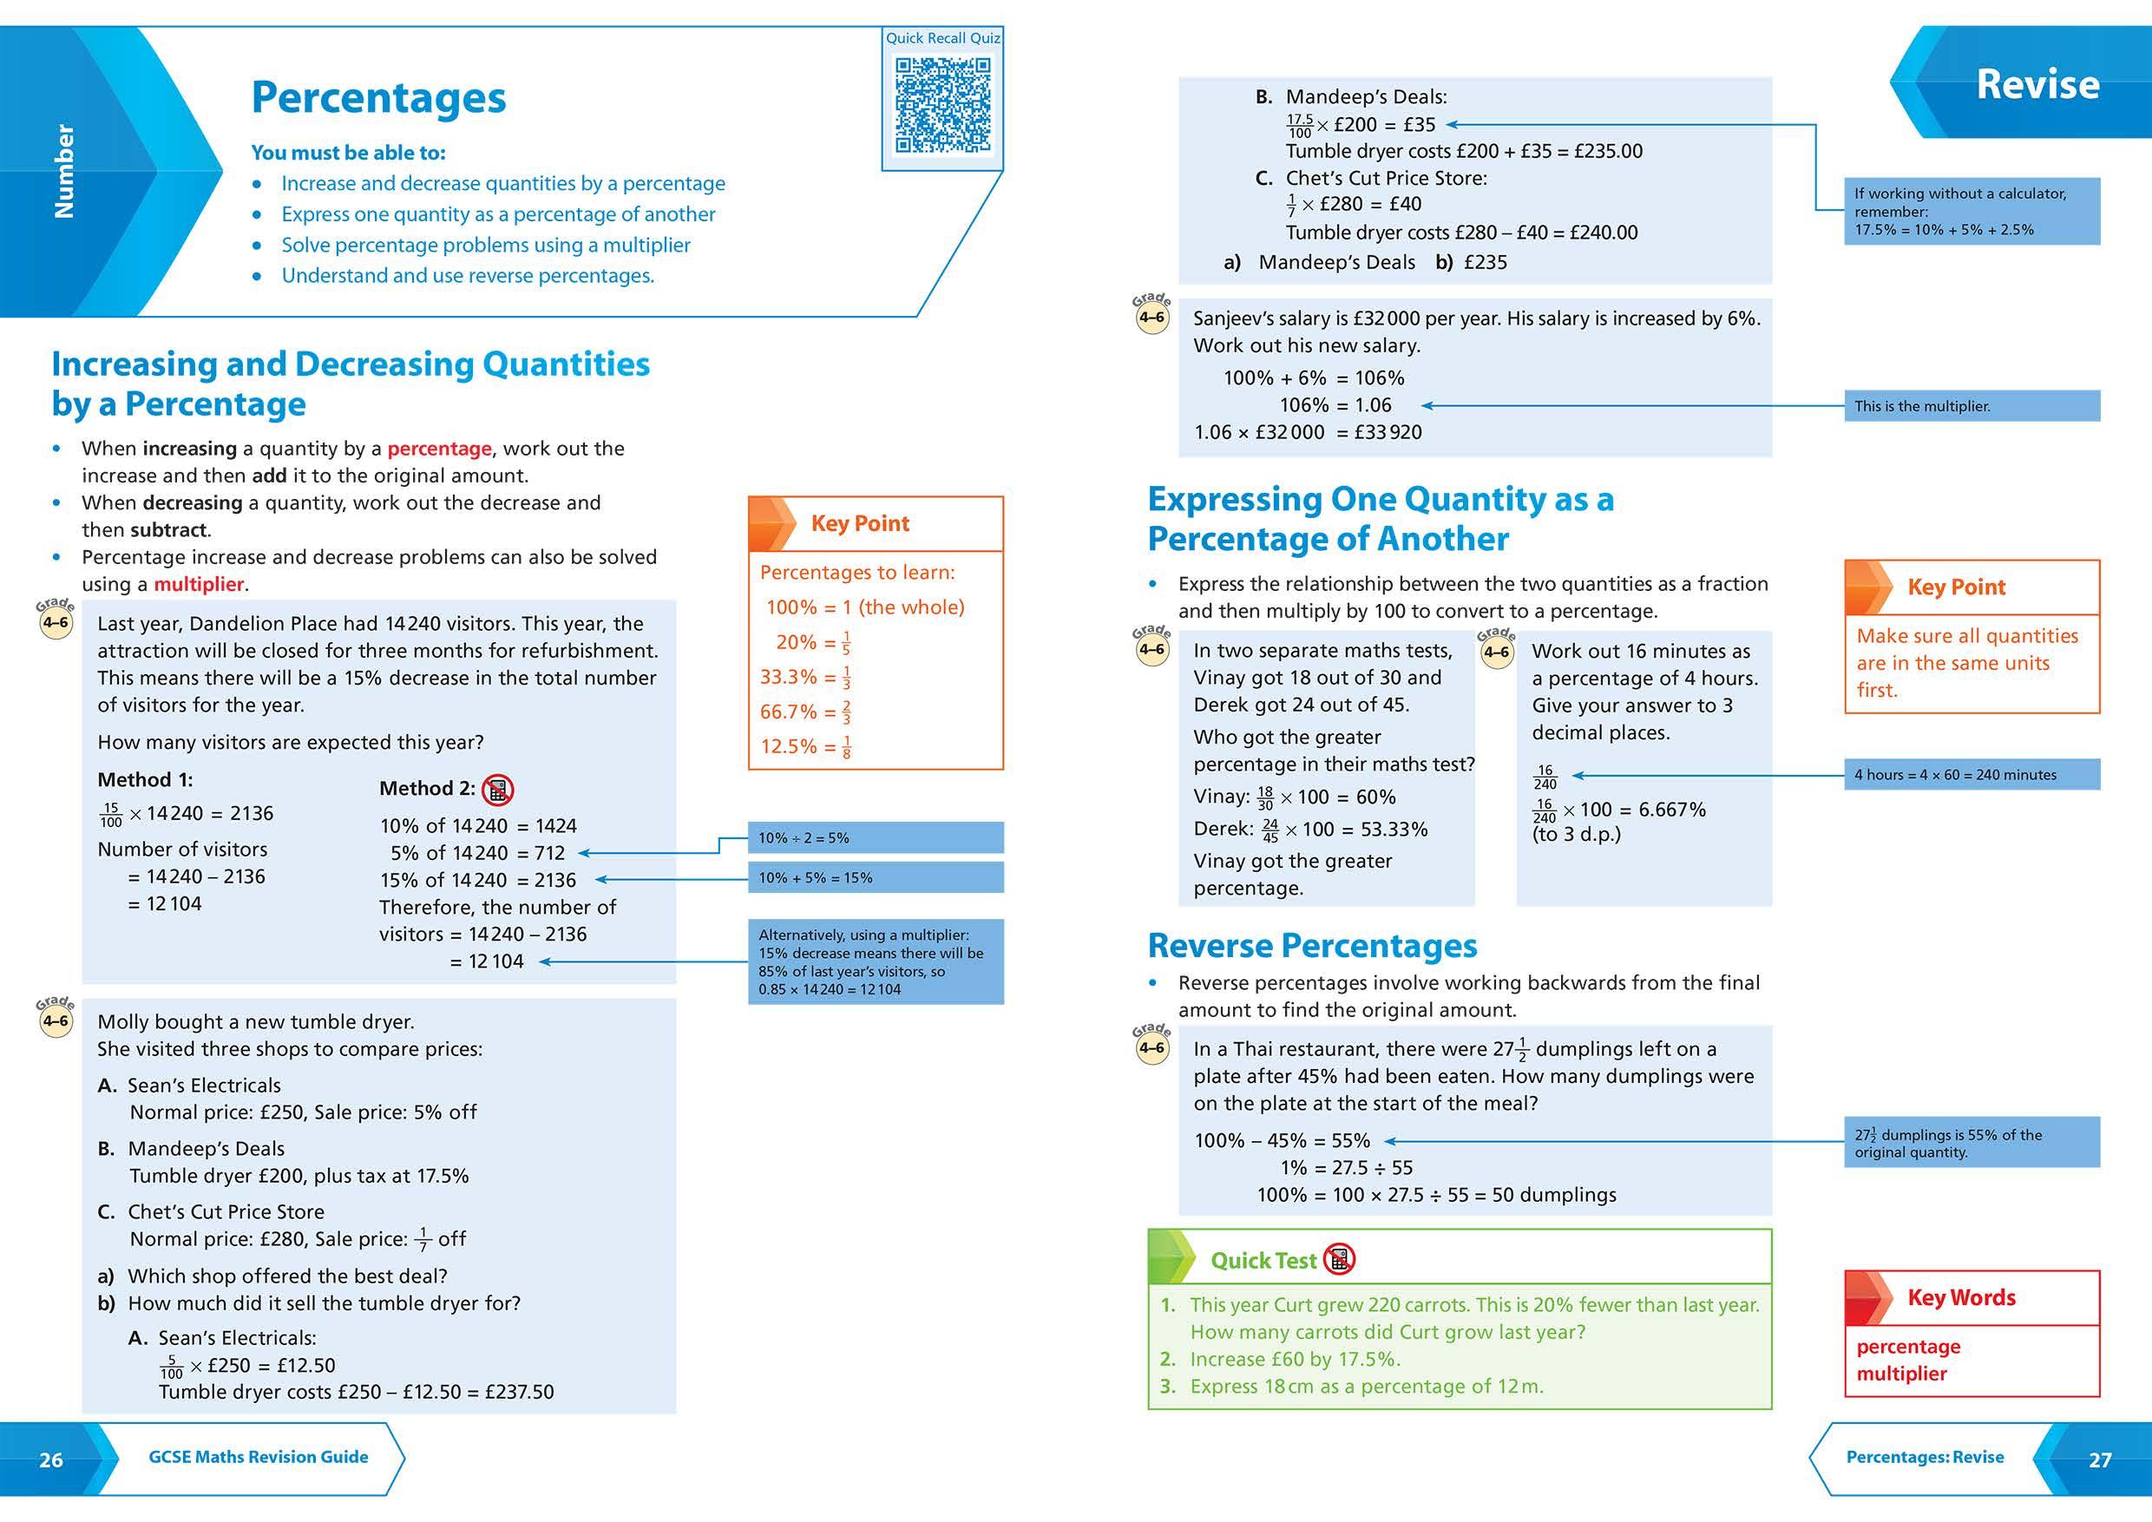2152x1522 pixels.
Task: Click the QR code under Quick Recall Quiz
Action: coord(942,105)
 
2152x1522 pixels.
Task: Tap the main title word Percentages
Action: coord(378,97)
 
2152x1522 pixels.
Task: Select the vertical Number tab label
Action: coord(63,172)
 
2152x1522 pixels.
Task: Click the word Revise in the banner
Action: coord(2037,84)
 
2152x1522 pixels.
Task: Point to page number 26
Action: coord(50,1460)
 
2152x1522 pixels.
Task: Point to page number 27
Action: coord(2100,1460)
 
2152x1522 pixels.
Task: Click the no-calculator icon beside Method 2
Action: coord(498,790)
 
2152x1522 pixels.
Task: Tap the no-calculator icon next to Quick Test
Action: coord(1340,1260)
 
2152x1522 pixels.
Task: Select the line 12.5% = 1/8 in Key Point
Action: coord(805,747)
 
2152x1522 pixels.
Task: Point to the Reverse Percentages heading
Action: coord(1311,947)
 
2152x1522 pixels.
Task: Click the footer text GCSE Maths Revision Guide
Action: coord(258,1457)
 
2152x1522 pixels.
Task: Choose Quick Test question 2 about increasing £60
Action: coord(1295,1360)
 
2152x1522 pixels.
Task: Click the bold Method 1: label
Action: coord(144,780)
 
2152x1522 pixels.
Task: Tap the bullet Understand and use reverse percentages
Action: coord(467,276)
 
